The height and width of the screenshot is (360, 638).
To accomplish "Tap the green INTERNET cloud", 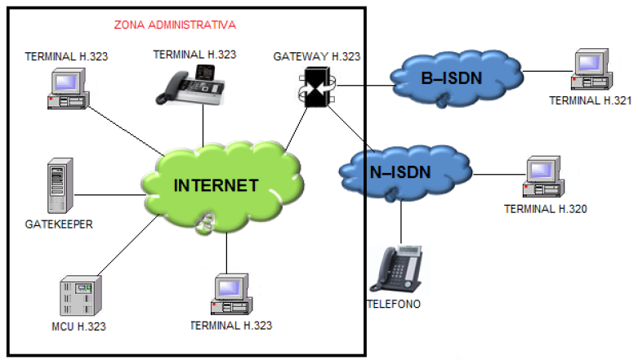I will (216, 184).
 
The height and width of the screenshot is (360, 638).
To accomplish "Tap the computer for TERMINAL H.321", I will (588, 71).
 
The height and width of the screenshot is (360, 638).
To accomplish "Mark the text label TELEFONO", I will (395, 304).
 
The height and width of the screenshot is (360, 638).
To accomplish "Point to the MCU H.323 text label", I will (78, 327).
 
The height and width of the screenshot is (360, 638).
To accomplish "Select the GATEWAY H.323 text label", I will (316, 56).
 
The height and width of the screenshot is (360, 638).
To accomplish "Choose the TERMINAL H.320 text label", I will (545, 209).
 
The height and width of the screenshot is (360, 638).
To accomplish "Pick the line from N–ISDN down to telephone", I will (401, 220).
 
